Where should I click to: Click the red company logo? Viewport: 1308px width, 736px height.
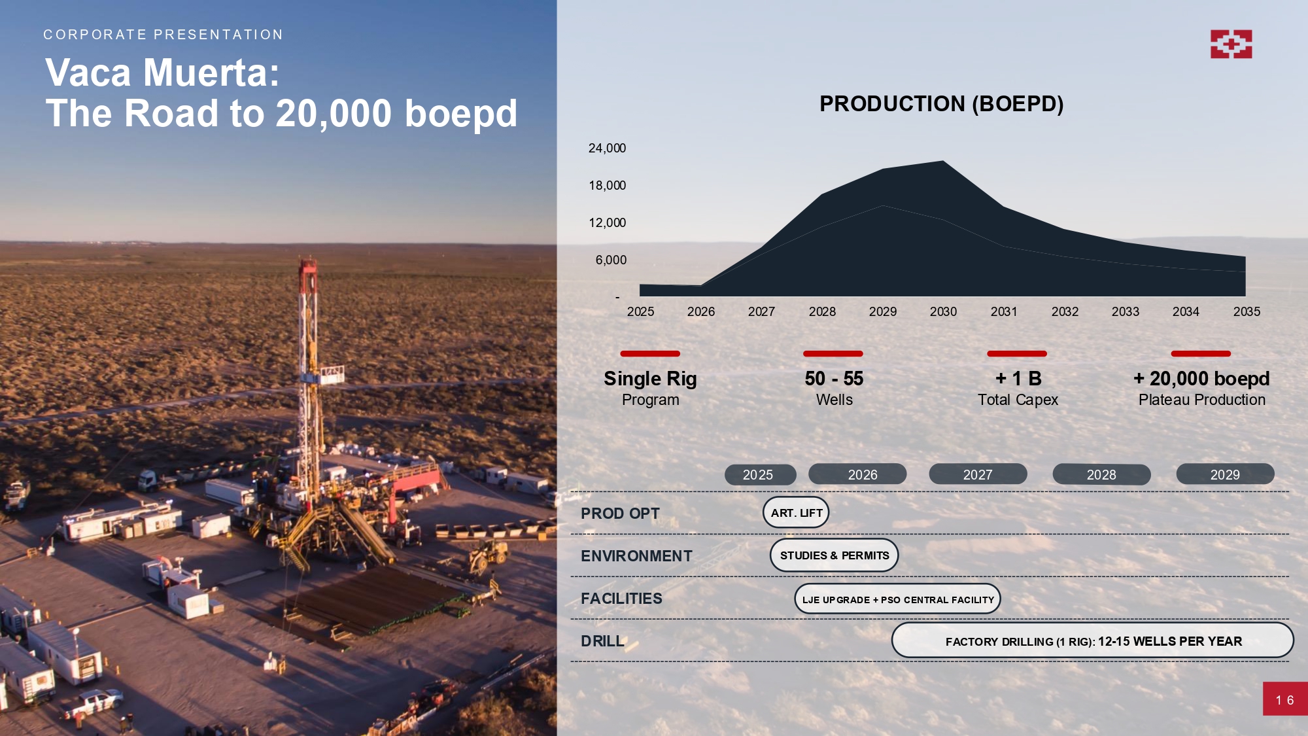[x=1231, y=44]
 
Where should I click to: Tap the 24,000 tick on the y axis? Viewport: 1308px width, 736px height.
[x=607, y=149]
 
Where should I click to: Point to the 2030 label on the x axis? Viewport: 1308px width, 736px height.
[x=943, y=312]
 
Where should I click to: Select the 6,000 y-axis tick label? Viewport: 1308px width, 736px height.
[x=611, y=260]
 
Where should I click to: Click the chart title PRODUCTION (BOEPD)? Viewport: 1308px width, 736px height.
[x=941, y=104]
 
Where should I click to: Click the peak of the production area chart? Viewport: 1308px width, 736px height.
[x=943, y=161]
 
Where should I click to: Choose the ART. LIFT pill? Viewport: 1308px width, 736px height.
[x=796, y=513]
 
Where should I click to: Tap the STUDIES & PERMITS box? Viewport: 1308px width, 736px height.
[x=835, y=555]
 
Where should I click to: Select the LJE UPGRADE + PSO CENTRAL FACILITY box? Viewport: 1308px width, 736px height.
[x=897, y=599]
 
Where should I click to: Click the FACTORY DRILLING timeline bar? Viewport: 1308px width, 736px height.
[x=1093, y=640]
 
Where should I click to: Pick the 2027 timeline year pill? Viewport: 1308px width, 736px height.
[x=978, y=474]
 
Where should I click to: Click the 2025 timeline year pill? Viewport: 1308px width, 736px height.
[x=760, y=475]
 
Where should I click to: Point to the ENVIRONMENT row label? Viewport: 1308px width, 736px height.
[x=636, y=556]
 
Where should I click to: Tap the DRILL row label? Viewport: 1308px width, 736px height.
[x=602, y=641]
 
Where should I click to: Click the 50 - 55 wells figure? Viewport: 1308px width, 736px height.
[x=834, y=379]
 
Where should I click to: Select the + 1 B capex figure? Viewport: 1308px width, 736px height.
[x=1018, y=379]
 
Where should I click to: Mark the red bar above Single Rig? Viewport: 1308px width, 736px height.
[x=650, y=354]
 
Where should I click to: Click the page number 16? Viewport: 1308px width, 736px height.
[x=1284, y=700]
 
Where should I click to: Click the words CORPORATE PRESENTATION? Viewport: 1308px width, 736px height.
[x=163, y=35]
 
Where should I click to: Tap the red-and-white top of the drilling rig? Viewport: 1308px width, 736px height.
[x=307, y=275]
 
